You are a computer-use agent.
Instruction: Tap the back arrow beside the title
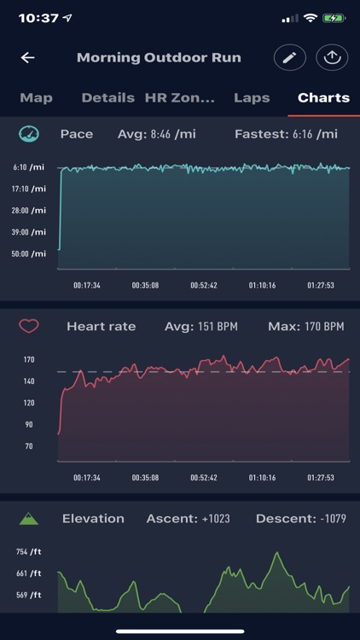click(28, 58)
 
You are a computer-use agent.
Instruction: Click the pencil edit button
click(289, 58)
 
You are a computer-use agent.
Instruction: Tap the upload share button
click(332, 58)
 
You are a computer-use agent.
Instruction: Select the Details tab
click(107, 97)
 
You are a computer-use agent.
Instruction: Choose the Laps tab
click(253, 97)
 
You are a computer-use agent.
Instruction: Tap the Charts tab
click(323, 97)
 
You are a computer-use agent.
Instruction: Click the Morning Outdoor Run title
click(159, 58)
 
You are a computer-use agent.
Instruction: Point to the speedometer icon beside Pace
click(29, 134)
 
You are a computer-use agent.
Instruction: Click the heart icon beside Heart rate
click(29, 326)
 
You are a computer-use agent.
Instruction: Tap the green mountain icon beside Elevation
click(29, 518)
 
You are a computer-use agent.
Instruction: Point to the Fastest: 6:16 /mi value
click(286, 134)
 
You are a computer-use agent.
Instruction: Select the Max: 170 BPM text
click(305, 326)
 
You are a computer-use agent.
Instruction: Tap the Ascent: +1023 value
click(188, 518)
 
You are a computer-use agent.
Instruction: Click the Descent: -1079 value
click(300, 518)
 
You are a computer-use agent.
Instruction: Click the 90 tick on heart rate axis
click(28, 424)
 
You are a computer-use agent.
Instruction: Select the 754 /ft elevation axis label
click(29, 552)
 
